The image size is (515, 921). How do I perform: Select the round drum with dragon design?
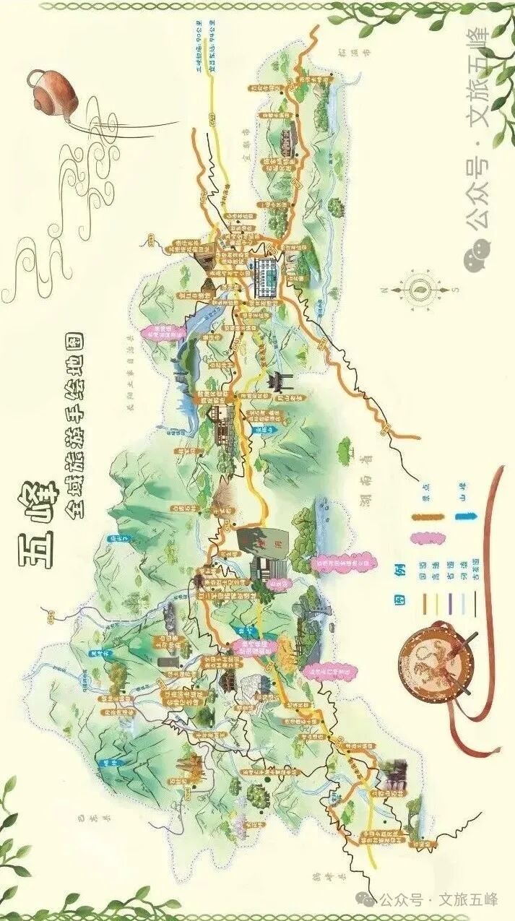(x=431, y=662)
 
